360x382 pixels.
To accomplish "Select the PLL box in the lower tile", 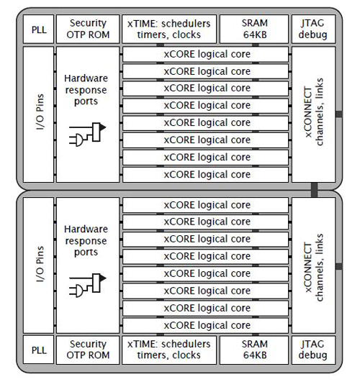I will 37,350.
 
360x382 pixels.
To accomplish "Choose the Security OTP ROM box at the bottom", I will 88,350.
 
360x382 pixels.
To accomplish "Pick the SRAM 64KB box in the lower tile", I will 253,350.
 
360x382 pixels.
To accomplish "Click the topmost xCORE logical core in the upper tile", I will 207,54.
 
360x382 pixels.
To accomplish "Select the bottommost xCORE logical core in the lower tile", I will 207,325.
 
